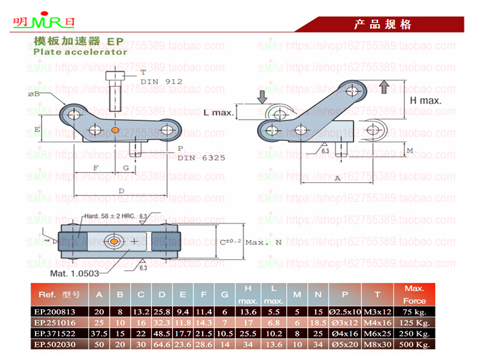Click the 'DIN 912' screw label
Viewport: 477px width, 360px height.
coord(161,81)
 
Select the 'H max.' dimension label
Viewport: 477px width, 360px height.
coord(425,100)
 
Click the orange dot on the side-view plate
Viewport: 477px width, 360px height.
coord(115,131)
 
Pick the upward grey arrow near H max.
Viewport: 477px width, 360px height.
coord(383,87)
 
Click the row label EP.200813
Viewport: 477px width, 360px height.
coord(58,312)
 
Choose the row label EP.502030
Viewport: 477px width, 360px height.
coord(58,345)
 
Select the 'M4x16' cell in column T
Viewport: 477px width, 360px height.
coord(378,323)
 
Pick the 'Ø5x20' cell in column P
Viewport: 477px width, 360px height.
coord(345,345)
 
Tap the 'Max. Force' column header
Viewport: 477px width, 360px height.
coord(415,294)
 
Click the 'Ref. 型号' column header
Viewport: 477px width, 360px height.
coord(59,294)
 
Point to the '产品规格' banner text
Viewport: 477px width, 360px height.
coord(383,25)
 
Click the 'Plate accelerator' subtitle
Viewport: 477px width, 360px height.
coord(80,52)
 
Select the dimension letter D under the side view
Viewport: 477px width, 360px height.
coord(121,191)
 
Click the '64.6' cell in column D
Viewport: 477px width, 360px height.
coord(163,345)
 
